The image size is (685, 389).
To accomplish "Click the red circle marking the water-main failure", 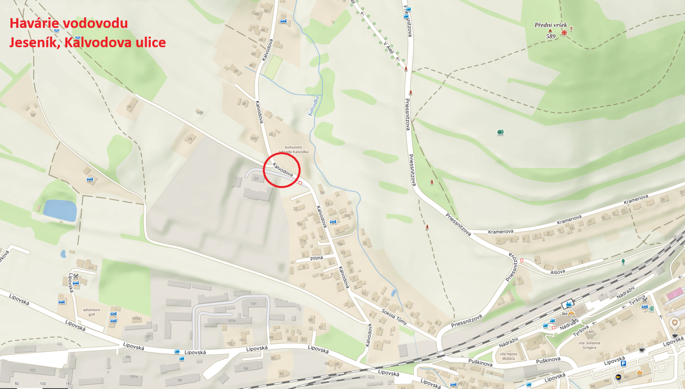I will point(282,170).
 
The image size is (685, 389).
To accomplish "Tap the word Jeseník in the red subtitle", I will point(34,42).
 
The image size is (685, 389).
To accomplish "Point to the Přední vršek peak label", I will point(551,25).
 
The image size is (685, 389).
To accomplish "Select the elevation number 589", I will point(551,36).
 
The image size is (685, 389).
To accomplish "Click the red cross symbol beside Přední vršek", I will point(571,29).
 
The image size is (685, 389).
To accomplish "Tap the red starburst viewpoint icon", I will point(564,33).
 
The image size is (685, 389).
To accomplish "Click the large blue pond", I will point(60,210).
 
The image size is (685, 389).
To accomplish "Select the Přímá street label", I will point(317,258).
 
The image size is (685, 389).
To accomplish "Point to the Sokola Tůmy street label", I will point(394,317).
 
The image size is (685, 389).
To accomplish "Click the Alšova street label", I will point(557,272).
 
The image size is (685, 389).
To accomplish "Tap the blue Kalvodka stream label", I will point(314,106).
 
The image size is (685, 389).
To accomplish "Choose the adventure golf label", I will point(92,312).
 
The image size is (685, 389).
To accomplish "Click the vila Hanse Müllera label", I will point(509,356).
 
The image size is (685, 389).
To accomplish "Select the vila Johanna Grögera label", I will point(590,345).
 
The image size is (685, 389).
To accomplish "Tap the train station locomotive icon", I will point(569,305).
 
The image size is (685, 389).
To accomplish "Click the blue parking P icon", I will point(623,363).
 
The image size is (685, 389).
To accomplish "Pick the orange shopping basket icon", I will point(640,373).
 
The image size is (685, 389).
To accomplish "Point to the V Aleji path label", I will point(389,48).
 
